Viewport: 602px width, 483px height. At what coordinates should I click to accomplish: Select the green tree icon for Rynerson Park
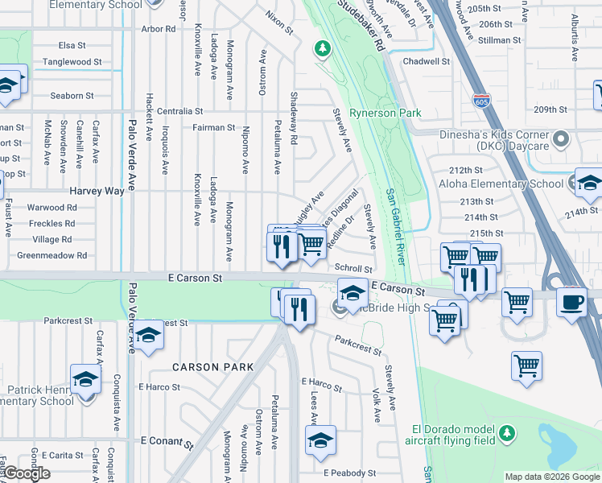(323, 49)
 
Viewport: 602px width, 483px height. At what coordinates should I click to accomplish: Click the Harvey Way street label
(97, 191)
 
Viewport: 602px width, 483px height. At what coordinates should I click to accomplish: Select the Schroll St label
(353, 269)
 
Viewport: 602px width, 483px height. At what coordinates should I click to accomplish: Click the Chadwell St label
(427, 61)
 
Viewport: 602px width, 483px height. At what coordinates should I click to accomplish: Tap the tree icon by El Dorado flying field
(506, 435)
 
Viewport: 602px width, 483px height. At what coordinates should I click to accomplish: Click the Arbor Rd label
(158, 29)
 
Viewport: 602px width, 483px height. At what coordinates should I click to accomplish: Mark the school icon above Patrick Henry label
(85, 378)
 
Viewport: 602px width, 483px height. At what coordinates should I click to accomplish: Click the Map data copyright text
(552, 477)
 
